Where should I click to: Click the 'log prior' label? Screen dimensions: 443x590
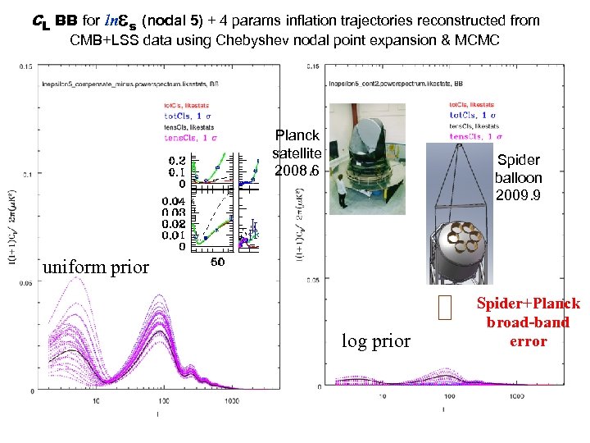click(375, 340)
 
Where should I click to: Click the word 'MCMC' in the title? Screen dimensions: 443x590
click(471, 39)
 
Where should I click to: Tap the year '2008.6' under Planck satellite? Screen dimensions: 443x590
click(297, 171)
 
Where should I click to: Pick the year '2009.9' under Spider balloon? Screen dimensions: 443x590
click(518, 196)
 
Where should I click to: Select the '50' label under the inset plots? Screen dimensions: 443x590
click(219, 263)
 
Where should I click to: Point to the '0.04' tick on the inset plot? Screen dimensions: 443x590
click(171, 201)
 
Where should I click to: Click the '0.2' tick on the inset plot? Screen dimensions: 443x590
click(176, 161)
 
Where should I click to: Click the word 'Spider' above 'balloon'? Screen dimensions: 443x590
click(518, 160)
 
